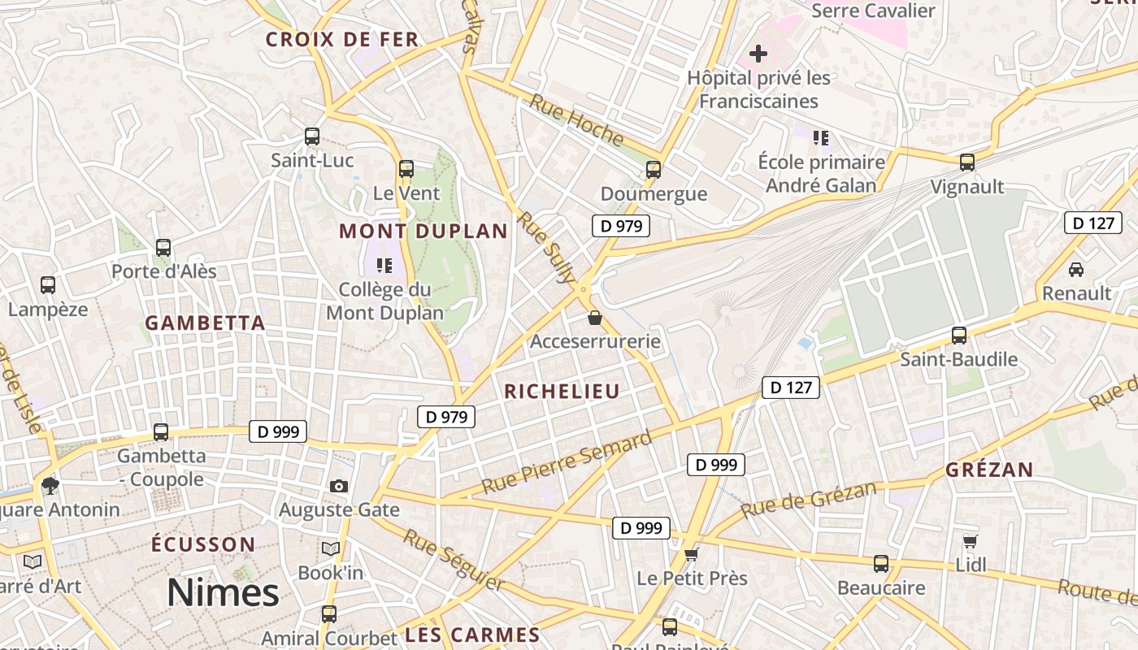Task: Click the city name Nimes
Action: pos(223,594)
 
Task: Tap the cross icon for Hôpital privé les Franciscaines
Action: pos(758,54)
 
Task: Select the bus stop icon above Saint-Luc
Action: pos(312,136)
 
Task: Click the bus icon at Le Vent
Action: pos(406,169)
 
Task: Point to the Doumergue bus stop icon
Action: pos(654,170)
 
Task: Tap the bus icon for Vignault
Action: pos(967,162)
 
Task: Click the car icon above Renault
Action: pos(1076,269)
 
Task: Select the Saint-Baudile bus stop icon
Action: pos(959,335)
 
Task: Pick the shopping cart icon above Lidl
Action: pos(970,541)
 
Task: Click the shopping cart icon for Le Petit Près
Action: pos(691,554)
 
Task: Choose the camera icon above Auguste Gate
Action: pos(339,486)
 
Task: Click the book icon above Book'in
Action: pos(330,549)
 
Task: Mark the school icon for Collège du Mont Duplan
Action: pos(384,265)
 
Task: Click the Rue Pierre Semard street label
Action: pos(567,461)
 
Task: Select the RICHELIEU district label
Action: pos(562,392)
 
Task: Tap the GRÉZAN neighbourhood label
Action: pos(989,470)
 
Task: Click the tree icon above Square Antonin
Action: pos(50,486)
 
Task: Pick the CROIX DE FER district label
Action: pos(342,39)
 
